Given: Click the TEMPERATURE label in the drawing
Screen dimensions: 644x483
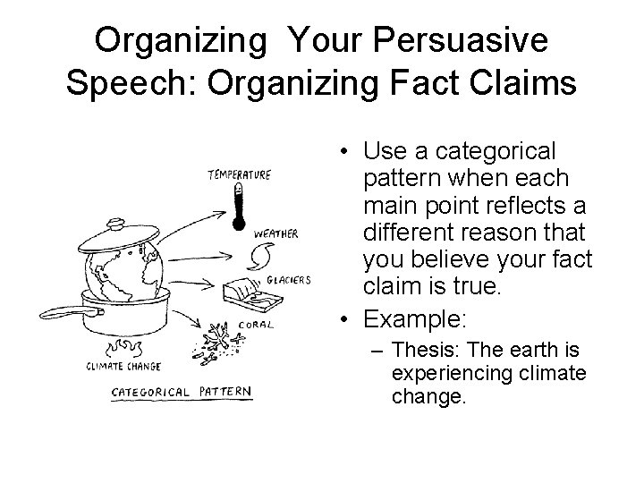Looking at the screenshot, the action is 239,175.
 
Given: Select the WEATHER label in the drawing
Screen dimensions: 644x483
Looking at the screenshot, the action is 276,234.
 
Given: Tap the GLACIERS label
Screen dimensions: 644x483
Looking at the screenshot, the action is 289,280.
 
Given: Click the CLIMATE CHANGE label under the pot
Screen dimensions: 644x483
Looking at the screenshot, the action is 123,365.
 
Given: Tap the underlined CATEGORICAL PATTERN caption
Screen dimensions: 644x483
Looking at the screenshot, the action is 181,392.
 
